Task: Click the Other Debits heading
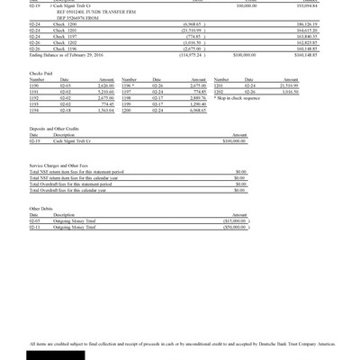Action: [42, 208]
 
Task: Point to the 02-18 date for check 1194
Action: [65, 111]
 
